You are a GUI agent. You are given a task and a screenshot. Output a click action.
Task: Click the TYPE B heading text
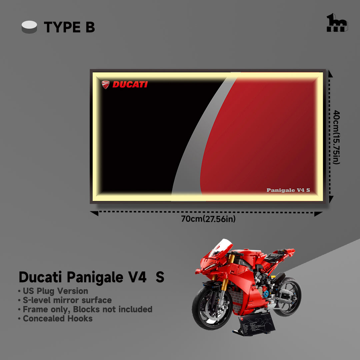coord(69,27)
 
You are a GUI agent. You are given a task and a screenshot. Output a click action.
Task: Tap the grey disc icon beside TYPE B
coord(29,27)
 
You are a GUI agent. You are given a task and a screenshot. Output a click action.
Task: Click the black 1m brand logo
coord(337,23)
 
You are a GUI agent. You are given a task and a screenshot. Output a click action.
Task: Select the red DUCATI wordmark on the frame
coord(130,84)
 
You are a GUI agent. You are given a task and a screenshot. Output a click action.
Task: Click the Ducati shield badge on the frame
coord(106,84)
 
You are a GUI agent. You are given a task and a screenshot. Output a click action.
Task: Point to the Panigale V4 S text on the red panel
coord(288,190)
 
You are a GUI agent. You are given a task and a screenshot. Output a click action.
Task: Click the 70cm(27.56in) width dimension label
coord(208,219)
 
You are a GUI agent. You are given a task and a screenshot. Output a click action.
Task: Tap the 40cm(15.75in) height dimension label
coord(336,137)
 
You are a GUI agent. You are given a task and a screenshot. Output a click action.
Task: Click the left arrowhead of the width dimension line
coord(94,213)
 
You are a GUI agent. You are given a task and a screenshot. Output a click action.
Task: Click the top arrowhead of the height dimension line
coord(331,74)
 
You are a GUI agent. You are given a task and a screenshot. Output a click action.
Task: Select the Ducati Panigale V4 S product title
coord(92,277)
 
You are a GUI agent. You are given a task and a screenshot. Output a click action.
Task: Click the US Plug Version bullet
coord(53,291)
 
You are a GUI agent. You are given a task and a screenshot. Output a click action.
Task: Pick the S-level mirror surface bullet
coord(65,300)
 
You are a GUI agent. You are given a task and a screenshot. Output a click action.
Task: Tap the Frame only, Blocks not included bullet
coord(85,309)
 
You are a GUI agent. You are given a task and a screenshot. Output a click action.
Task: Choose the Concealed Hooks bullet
coord(55,318)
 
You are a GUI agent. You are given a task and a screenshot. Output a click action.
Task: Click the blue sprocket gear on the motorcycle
coord(266,294)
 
